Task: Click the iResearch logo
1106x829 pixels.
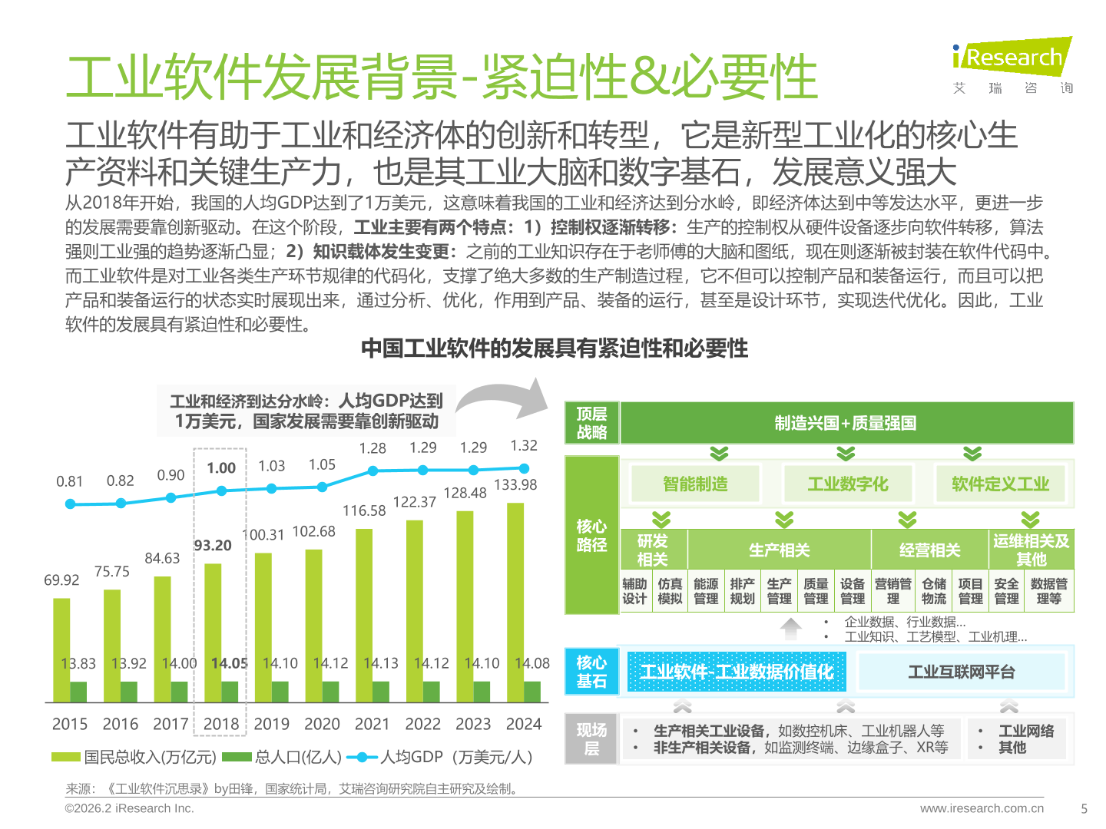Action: coord(1012,65)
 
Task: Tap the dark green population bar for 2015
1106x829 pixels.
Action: coord(78,692)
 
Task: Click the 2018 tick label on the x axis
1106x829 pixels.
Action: coord(221,724)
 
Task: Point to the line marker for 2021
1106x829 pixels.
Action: coord(373,471)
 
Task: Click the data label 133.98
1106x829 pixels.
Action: coord(515,484)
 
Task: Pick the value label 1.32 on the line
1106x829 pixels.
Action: coord(524,446)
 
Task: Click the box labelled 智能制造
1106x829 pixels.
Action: coord(695,484)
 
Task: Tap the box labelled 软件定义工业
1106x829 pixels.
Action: coord(1000,484)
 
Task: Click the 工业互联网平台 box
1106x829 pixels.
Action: coord(962,672)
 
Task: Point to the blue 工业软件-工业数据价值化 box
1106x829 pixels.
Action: coord(737,672)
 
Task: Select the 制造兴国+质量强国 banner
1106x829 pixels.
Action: coord(846,423)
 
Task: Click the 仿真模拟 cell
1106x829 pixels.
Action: coord(670,591)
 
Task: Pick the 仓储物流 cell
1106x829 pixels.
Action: coord(934,591)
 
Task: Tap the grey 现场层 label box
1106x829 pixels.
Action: coord(591,738)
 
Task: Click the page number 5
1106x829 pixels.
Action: coord(1084,808)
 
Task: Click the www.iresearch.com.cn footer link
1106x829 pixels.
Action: coord(982,808)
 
